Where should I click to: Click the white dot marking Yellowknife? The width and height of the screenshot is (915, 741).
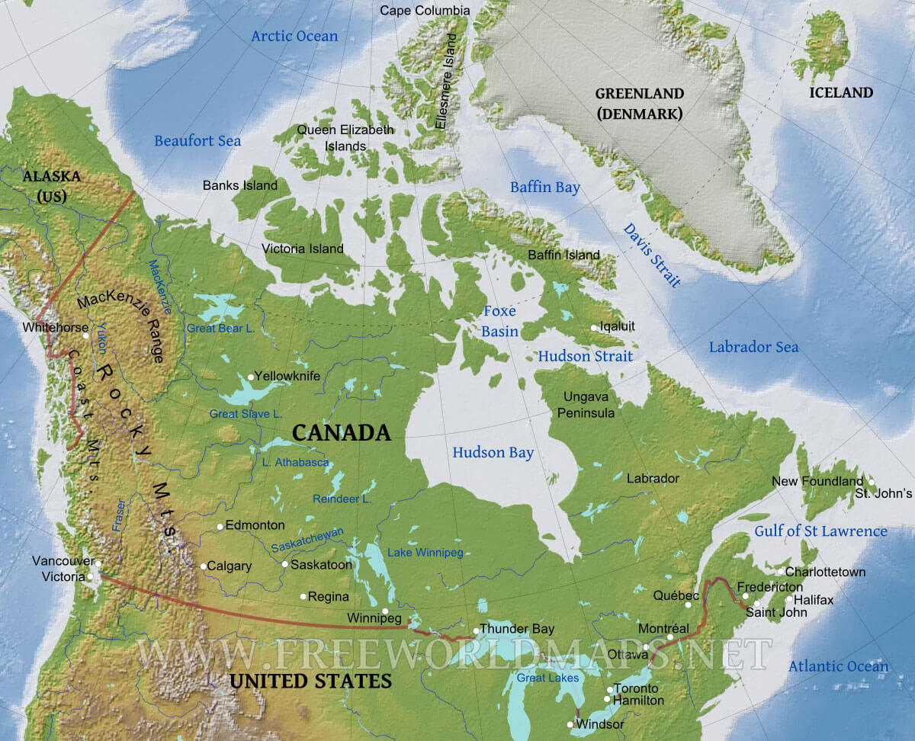pyautogui.click(x=250, y=377)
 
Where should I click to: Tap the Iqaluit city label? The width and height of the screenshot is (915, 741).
pyautogui.click(x=617, y=326)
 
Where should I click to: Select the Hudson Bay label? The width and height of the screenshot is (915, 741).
pyautogui.click(x=493, y=453)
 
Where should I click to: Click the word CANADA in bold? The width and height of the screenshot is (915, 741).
pyautogui.click(x=342, y=434)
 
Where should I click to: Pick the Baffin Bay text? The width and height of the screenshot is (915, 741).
pyautogui.click(x=545, y=188)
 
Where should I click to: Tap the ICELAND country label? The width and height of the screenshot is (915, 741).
pyautogui.click(x=841, y=93)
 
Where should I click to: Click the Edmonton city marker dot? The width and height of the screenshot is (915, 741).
pyautogui.click(x=220, y=526)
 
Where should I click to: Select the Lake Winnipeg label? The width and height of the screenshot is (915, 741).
pyautogui.click(x=425, y=553)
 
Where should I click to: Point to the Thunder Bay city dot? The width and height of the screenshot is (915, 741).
pyautogui.click(x=476, y=630)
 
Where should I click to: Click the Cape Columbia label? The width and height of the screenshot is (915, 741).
pyautogui.click(x=425, y=11)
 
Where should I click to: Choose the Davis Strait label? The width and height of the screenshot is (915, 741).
pyautogui.click(x=652, y=255)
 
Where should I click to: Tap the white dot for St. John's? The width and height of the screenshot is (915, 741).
pyautogui.click(x=871, y=482)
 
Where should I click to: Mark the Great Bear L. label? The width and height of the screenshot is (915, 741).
pyautogui.click(x=220, y=328)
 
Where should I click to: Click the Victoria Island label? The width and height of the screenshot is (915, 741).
pyautogui.click(x=303, y=249)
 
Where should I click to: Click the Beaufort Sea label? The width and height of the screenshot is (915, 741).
pyautogui.click(x=197, y=141)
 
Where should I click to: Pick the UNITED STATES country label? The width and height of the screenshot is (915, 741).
pyautogui.click(x=311, y=681)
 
